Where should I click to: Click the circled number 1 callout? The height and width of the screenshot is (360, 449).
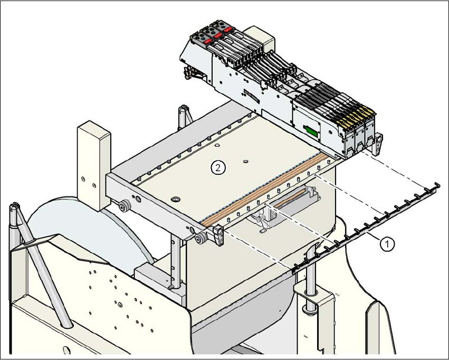388,243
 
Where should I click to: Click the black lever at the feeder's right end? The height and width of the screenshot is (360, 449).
379,140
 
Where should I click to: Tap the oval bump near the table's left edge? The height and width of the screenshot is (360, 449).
175,199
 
